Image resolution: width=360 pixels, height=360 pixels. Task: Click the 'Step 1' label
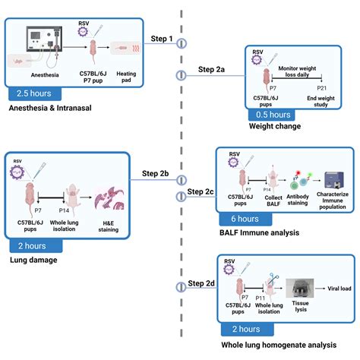162,38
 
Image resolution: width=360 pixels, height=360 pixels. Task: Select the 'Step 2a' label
211,70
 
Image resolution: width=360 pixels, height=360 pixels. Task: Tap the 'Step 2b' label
155,173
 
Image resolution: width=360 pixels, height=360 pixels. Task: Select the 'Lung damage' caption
35,259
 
